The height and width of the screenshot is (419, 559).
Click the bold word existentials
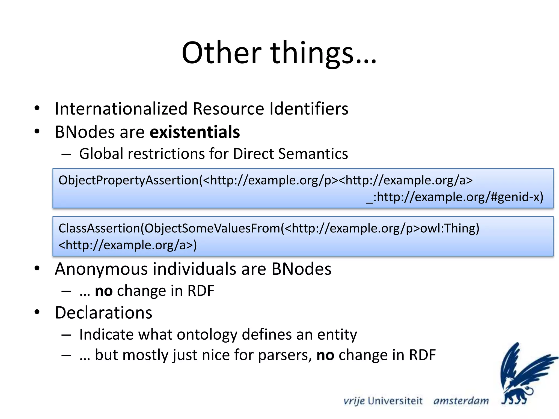[x=195, y=132]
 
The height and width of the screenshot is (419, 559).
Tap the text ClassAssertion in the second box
[x=99, y=228]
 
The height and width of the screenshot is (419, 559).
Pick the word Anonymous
[x=101, y=269]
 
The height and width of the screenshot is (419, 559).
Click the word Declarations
[x=103, y=313]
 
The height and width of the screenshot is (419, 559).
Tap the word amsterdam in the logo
[x=461, y=401]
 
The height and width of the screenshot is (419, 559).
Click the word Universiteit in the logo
[x=395, y=401]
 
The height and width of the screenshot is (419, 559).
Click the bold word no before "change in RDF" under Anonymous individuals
[x=104, y=291]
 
